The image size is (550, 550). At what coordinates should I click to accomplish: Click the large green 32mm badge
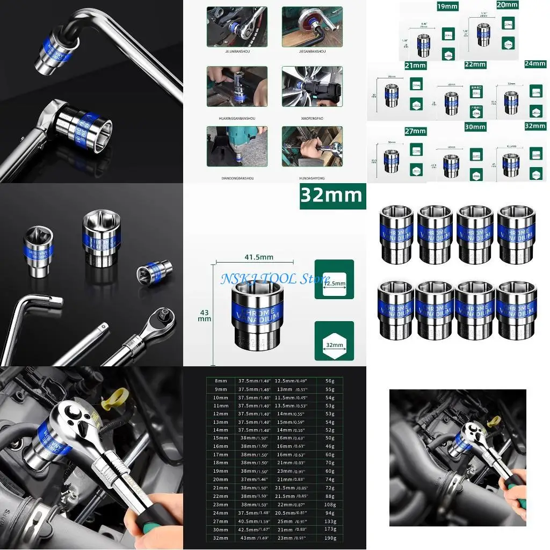click(332, 196)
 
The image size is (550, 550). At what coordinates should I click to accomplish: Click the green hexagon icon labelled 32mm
click(334, 341)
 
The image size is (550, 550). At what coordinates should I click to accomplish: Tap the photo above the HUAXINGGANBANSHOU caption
click(236, 86)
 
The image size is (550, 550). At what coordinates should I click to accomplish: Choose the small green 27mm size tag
click(415, 131)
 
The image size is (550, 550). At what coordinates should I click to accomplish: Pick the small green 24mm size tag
click(535, 64)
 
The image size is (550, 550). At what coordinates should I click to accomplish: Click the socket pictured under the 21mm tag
click(392, 95)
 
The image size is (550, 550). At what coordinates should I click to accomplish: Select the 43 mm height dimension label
click(204, 315)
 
